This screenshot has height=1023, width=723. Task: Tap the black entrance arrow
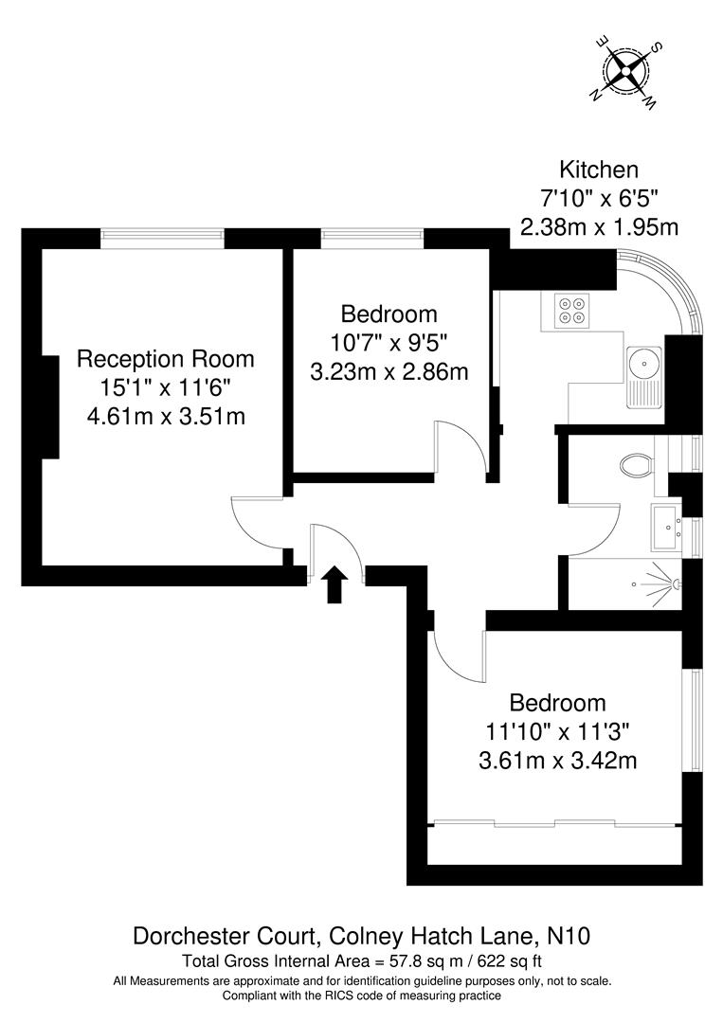point(334,584)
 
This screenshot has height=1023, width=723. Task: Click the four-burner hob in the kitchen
point(571,311)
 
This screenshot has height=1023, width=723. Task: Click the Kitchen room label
point(598,170)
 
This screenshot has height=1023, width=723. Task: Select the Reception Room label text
point(166,359)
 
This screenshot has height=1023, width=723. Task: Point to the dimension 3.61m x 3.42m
point(557,761)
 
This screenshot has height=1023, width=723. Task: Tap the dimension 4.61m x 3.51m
point(166,416)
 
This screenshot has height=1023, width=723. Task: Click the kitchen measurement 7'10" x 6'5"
point(598,199)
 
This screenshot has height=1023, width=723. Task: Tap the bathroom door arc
point(594,529)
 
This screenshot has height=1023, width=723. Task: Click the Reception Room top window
point(162,238)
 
